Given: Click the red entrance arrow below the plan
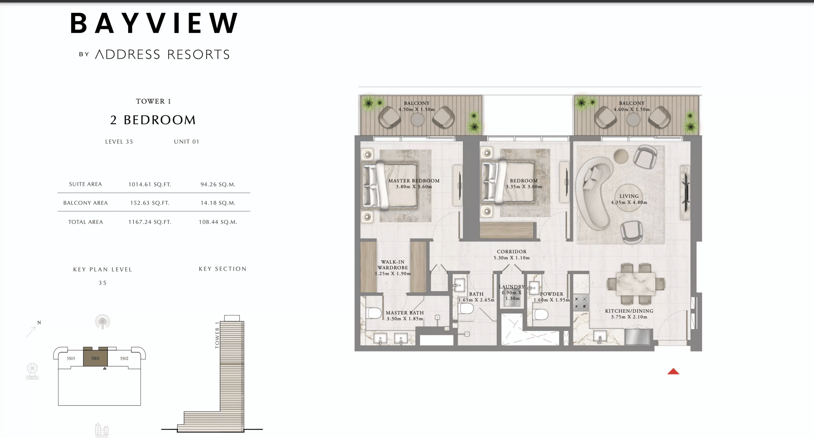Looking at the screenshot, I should (673, 372).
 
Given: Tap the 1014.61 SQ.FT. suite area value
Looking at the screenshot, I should (149, 184).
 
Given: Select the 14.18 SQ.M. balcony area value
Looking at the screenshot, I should (218, 203).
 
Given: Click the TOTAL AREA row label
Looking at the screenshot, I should (86, 222).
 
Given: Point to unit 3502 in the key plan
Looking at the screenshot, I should (124, 358).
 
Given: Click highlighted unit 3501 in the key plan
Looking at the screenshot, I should (95, 358).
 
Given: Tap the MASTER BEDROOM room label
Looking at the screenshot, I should (414, 181).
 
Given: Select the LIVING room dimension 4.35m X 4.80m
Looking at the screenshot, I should (629, 202).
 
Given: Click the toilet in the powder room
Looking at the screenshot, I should (541, 314).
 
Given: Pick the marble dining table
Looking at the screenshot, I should (635, 284).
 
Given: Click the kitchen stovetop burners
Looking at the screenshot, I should (581, 303).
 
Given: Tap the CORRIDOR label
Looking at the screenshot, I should (511, 252).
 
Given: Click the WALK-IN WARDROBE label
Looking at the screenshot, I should (393, 265).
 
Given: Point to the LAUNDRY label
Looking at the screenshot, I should (511, 287).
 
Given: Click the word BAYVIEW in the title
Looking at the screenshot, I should (154, 23).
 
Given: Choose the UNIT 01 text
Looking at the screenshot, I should (186, 142).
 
